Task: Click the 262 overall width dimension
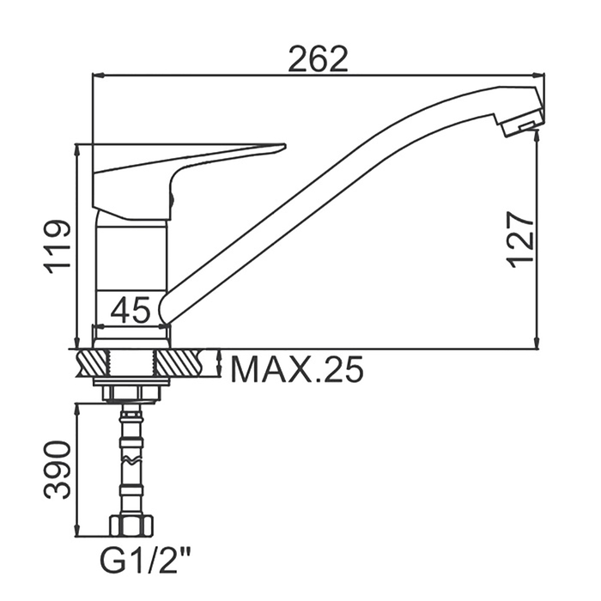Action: click(x=319, y=59)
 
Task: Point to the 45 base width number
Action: click(x=131, y=309)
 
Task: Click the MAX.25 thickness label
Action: click(x=297, y=369)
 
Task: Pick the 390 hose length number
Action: click(x=58, y=470)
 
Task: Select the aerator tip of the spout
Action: click(x=522, y=123)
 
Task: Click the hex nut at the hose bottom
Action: click(x=131, y=525)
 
